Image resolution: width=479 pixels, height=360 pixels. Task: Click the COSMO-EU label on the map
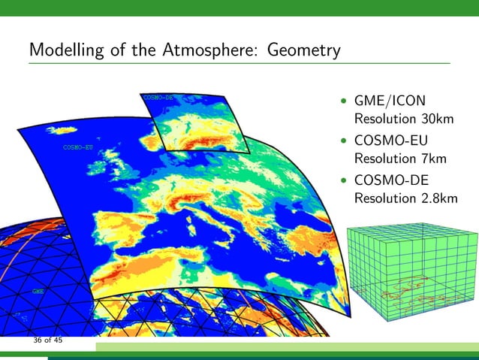click(x=77, y=147)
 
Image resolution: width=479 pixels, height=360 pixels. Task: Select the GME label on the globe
click(x=37, y=289)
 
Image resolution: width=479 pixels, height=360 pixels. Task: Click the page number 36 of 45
click(x=47, y=340)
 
